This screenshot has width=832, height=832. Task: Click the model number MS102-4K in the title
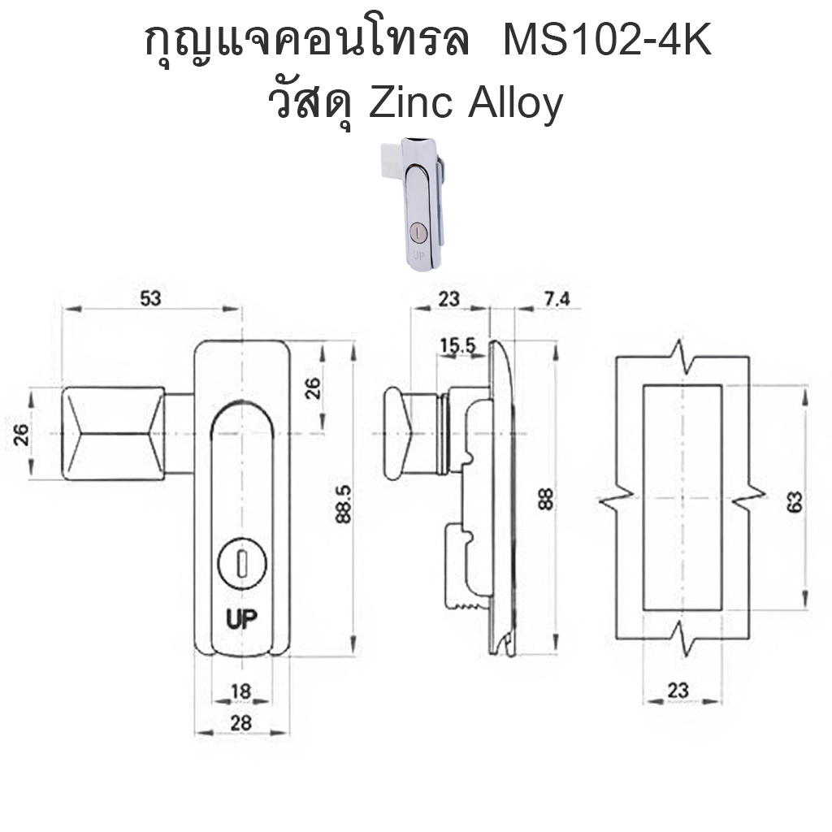(607, 42)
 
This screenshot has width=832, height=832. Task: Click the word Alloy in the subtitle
(514, 106)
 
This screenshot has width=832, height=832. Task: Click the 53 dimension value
(150, 298)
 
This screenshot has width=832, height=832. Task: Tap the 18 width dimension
(240, 691)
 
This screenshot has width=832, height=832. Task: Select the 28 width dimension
(240, 721)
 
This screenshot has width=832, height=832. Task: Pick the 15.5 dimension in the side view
(457, 346)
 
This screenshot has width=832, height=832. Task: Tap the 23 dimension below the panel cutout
(678, 691)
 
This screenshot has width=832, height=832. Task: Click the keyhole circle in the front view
(241, 561)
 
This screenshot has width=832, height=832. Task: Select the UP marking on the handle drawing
(241, 619)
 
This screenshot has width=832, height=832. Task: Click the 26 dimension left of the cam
(22, 435)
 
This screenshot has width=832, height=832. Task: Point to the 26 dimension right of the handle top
(314, 387)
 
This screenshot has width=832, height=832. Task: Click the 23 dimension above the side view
(448, 299)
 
